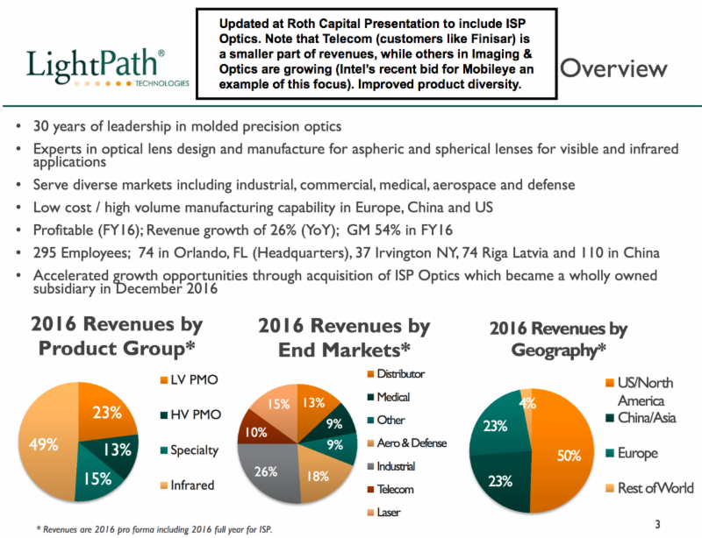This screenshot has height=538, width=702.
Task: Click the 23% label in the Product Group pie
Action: coord(107,413)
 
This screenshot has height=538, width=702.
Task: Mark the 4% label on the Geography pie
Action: coord(527,403)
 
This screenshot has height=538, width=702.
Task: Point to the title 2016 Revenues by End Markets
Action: coord(344,338)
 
